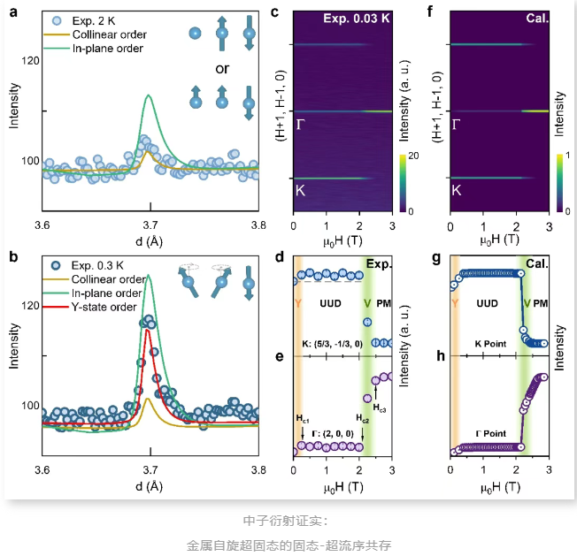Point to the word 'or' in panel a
[222, 67]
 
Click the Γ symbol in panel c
[302, 126]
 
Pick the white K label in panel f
[456, 190]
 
